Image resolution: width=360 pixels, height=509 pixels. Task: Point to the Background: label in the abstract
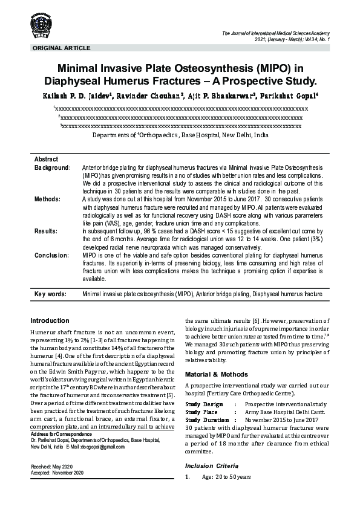tap(53, 166)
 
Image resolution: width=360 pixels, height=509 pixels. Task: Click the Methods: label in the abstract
tap(47, 198)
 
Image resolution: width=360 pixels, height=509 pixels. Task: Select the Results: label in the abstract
tap(46, 231)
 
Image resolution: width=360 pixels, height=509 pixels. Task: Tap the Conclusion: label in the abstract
tap(51, 255)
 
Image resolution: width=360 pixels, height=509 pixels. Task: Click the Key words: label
tap(50, 294)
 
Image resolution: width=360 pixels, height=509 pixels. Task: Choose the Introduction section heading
tap(50, 320)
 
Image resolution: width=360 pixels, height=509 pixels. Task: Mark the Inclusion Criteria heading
tap(211, 466)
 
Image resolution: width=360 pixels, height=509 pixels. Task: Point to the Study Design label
tap(204, 404)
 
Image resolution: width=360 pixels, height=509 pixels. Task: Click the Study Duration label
tap(208, 420)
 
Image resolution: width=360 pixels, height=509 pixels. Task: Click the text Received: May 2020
tap(53, 467)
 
